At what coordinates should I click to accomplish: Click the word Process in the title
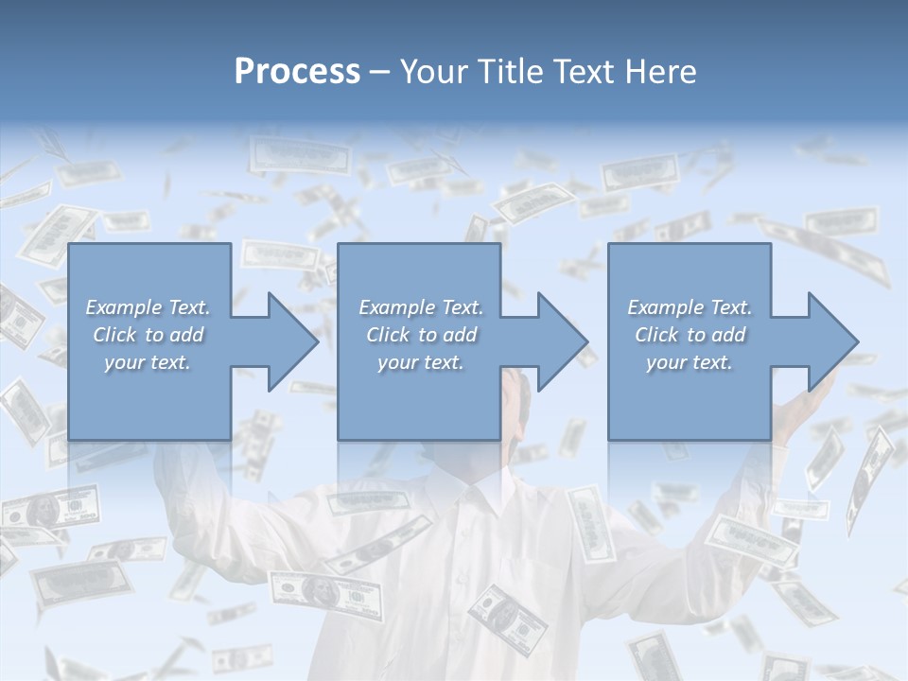pos(297,72)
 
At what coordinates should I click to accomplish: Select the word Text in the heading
pos(582,72)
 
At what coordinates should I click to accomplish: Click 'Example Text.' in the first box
pos(148,307)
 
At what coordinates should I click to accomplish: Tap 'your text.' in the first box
pos(148,362)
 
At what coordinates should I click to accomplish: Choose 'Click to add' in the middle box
pos(421,335)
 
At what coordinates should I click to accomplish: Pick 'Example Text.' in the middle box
pos(421,307)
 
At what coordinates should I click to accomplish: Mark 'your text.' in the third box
pos(690,362)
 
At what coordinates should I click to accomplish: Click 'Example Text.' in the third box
pos(690,307)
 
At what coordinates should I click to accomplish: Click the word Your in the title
pos(432,72)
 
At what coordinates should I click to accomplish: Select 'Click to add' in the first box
pos(148,335)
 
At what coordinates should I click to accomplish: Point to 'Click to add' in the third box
pos(690,335)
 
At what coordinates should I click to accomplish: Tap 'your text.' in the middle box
pos(421,362)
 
